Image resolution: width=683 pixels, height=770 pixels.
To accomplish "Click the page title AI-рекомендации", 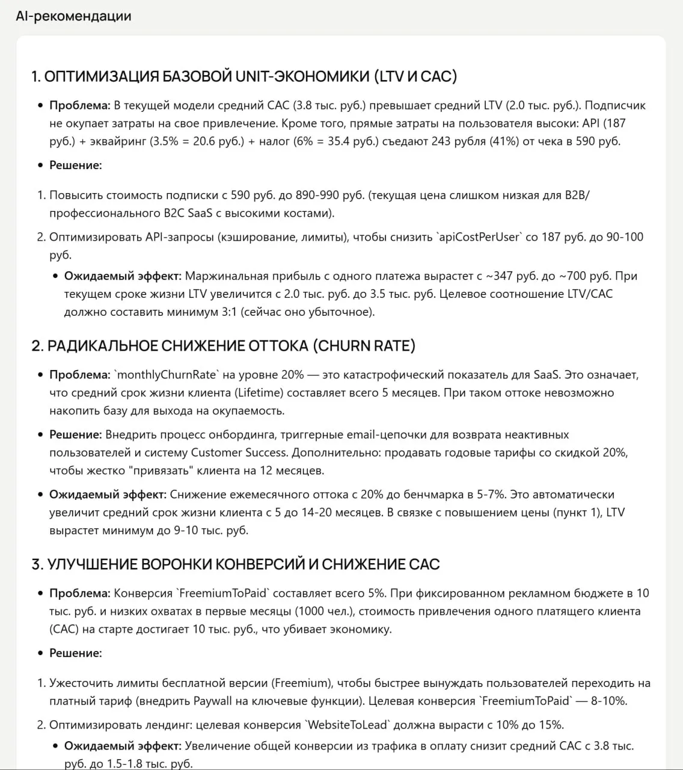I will tap(73, 16).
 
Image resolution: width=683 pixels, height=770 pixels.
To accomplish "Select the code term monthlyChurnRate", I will tap(166, 375).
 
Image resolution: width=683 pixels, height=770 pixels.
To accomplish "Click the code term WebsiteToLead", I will tap(348, 724).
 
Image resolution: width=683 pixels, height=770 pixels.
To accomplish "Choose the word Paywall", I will tap(213, 701).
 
